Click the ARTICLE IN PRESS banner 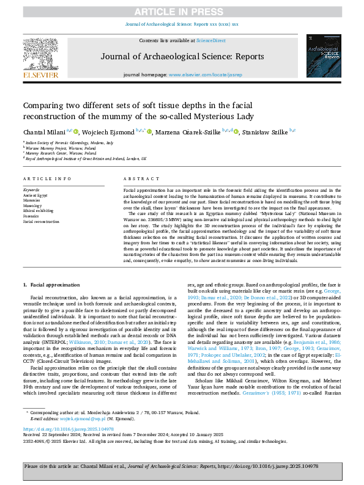(182, 12)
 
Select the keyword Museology (33, 205)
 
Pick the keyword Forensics (32, 216)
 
